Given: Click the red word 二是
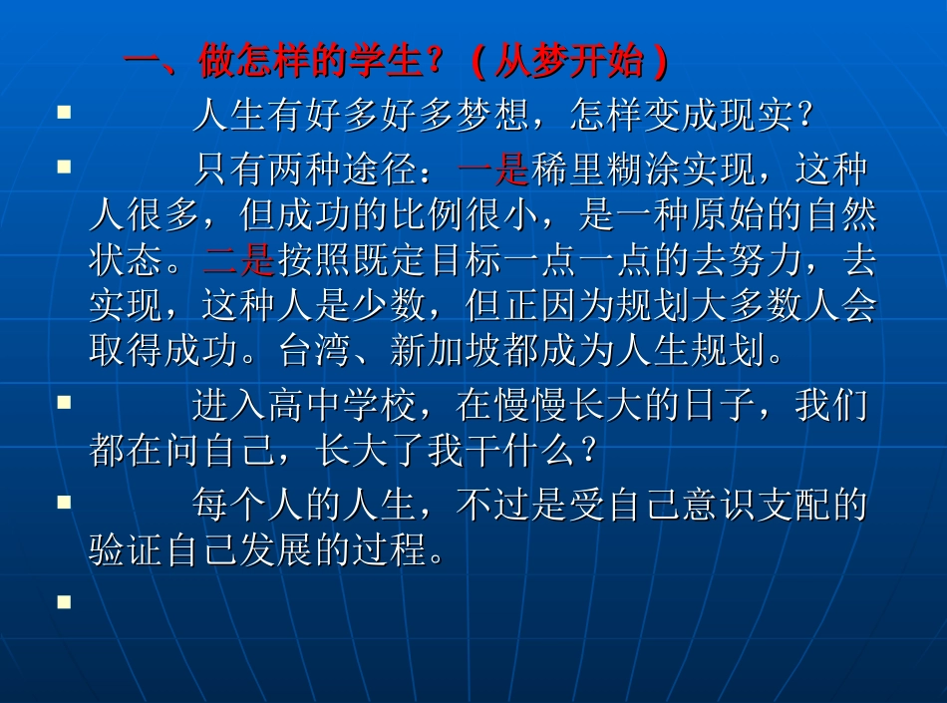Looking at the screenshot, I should [238, 261].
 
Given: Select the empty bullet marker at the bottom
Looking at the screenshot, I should [64, 602].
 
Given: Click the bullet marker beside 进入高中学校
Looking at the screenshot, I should [64, 403].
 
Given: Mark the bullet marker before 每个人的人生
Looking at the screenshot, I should [64, 502].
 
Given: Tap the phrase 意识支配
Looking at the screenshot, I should [755, 507].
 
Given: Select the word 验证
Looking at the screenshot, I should [126, 551].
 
